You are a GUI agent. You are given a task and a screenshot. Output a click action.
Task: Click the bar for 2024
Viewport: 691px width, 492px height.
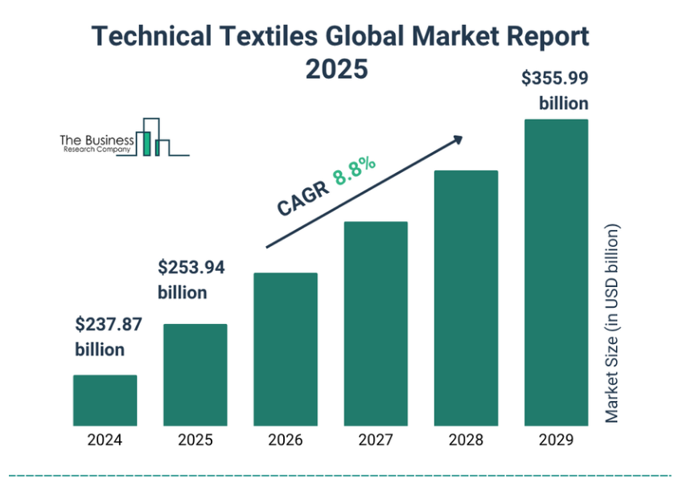[x=105, y=400]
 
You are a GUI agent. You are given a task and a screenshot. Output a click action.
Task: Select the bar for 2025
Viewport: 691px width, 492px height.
[x=195, y=375]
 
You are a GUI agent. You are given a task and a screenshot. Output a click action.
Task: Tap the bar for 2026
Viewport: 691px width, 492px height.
[x=286, y=349]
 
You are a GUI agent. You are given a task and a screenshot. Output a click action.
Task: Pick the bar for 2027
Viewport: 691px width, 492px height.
[x=376, y=323]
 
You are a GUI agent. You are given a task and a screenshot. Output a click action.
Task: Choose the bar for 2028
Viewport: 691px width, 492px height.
[x=466, y=297]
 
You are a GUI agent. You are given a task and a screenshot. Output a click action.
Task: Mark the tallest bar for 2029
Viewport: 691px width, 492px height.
[x=556, y=272]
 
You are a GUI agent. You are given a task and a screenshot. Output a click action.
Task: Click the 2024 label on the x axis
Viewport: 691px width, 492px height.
[x=105, y=440]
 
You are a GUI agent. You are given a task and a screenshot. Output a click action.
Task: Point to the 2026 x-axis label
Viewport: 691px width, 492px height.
[x=286, y=440]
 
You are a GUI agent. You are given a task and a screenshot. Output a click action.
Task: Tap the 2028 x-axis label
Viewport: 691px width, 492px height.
[x=466, y=440]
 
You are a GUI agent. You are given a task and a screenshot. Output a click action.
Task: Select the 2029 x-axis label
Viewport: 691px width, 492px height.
[x=556, y=440]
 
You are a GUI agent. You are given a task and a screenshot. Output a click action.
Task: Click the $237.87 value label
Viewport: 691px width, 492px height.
[x=109, y=325]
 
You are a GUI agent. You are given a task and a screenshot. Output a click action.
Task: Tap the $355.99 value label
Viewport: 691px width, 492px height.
[x=554, y=79]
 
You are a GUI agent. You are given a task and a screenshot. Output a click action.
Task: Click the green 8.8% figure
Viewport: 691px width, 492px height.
[x=355, y=171]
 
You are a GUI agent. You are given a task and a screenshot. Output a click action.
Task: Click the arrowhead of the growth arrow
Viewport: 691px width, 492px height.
[x=459, y=139]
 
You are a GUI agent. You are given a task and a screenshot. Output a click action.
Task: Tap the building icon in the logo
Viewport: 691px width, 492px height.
[x=152, y=137]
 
